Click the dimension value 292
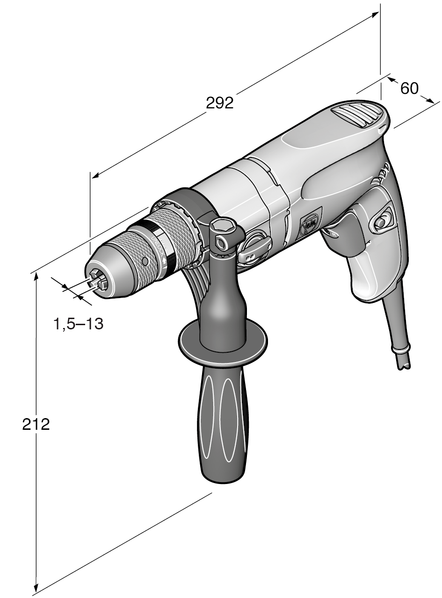(219, 103)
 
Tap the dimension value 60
(409, 88)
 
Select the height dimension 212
(36, 424)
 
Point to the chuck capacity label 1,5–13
(78, 323)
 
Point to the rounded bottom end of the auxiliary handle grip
(222, 477)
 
